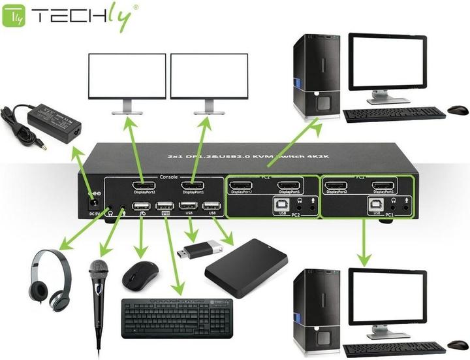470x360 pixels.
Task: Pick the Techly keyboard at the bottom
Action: pyautogui.click(x=176, y=318)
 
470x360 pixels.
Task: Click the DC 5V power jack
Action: pyautogui.click(x=93, y=194)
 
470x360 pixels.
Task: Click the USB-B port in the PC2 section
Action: pyautogui.click(x=283, y=204)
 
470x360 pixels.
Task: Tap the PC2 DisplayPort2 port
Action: pyautogui.click(x=242, y=186)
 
